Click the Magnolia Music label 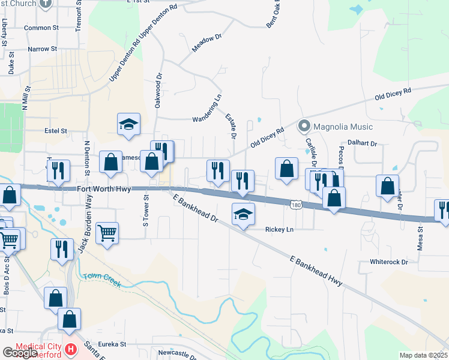(x=344, y=127)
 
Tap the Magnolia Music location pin (x=304, y=126)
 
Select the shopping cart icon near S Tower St (x=107, y=232)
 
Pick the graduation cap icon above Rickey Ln (x=243, y=214)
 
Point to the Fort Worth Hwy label (x=104, y=188)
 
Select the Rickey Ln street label (x=279, y=229)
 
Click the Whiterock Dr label (x=389, y=262)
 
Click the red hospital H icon (x=71, y=349)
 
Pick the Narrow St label (x=41, y=49)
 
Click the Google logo (x=19, y=353)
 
